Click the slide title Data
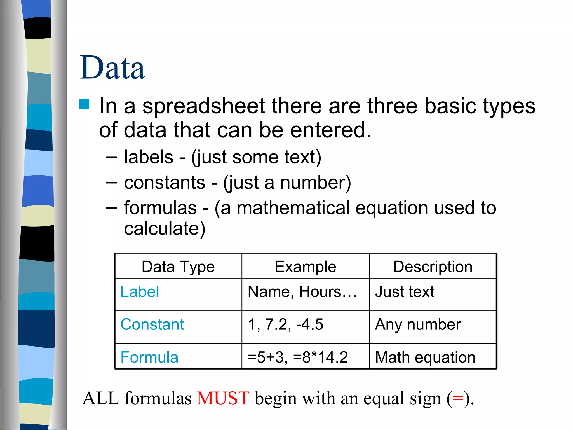112,68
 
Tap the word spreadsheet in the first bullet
203,106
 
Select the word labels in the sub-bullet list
148,157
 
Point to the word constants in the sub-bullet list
165,183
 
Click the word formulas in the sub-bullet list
160,208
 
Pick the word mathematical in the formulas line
293,208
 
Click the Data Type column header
178,267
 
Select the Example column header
305,267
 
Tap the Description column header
433,267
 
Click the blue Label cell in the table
140,292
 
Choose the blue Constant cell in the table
152,324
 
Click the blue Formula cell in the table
149,357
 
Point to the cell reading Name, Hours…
302,292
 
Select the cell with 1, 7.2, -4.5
286,324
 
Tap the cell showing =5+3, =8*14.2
298,357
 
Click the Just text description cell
405,292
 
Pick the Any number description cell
418,324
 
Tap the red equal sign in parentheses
458,398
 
